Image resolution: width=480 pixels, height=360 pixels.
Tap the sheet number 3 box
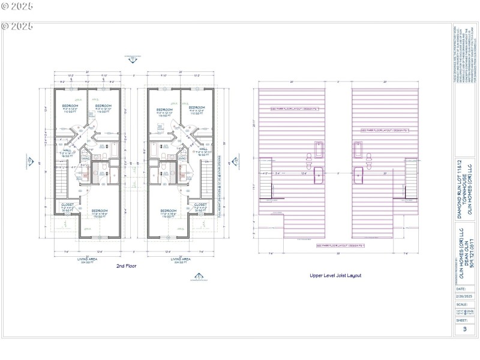point(464,329)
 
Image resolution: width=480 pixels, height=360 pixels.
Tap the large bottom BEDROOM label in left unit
point(100,212)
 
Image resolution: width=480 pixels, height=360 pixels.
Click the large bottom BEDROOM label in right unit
point(169,212)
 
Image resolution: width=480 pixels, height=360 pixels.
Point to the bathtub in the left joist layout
point(319,147)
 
